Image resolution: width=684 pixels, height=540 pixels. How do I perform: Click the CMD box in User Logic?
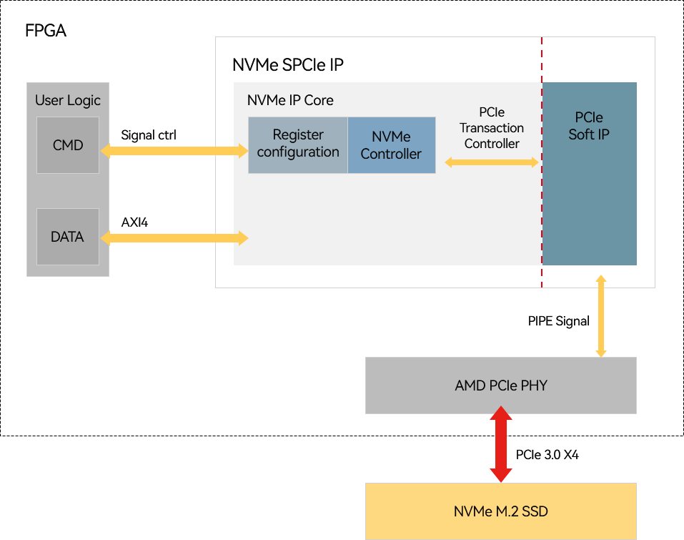coord(68,145)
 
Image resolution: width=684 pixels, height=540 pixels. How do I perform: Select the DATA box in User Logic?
coord(68,237)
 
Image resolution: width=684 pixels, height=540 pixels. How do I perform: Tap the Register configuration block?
coord(298,144)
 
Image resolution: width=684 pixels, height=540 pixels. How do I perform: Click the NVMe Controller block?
coord(392,145)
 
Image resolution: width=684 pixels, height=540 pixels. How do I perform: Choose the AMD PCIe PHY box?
coord(500,386)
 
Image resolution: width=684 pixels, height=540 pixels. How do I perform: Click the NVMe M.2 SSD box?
coord(500,511)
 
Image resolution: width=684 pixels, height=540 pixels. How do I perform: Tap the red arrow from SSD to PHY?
coord(500,447)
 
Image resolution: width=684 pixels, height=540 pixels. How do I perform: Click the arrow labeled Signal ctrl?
coord(174,150)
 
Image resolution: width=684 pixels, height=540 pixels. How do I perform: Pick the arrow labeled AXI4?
coord(174,237)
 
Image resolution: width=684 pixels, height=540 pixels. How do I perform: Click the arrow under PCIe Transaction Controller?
coord(492,162)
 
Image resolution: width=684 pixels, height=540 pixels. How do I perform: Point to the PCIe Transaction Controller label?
coord(492,128)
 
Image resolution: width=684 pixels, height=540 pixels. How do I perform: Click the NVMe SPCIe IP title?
coord(288,66)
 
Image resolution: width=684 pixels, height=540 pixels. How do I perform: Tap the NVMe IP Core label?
coord(290,100)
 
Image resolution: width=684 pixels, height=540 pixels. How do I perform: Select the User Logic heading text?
coord(68,100)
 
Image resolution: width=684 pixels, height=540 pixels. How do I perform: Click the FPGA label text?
coord(46,31)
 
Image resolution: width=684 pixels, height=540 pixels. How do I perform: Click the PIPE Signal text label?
coord(559,321)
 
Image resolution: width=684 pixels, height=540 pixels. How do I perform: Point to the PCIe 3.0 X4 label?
coord(547,454)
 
